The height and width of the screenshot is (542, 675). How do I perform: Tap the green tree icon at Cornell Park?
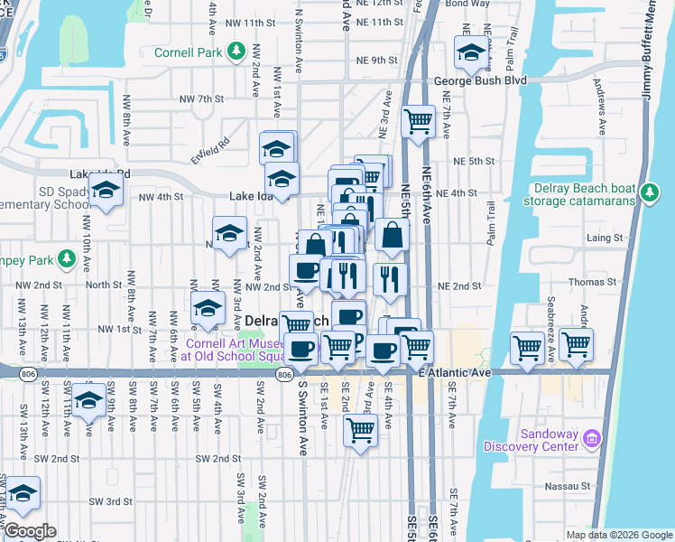click(236, 51)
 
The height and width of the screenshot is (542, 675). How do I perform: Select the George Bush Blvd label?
click(479, 80)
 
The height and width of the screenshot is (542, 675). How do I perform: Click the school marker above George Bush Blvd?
click(470, 56)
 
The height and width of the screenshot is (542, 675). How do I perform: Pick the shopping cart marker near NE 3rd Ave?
click(418, 120)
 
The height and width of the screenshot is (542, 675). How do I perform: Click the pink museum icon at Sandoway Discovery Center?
click(592, 439)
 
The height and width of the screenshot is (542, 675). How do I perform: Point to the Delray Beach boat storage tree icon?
click(647, 192)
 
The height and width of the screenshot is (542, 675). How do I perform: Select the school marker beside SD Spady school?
click(106, 191)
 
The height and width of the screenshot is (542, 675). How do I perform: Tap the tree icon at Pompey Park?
click(66, 261)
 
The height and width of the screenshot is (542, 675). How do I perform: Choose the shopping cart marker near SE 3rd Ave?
click(359, 430)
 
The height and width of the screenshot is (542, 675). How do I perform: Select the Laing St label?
click(605, 238)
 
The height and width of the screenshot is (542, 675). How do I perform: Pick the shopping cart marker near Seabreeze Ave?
click(528, 346)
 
